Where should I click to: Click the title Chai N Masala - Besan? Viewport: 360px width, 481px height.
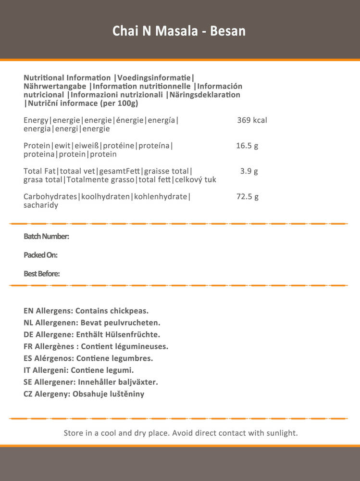179,31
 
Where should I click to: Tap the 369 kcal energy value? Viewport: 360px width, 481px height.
252,120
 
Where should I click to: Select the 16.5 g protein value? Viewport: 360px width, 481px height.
247,146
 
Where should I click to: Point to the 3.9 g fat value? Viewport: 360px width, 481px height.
249,171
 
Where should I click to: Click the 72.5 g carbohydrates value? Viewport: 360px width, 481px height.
247,197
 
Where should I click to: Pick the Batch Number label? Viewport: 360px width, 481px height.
47,236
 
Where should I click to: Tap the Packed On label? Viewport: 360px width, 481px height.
41,255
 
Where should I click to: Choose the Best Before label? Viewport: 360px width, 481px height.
42,274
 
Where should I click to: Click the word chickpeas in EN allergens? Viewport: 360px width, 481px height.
129,311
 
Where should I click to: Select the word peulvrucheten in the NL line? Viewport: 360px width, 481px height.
135,323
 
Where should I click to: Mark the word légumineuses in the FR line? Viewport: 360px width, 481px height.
142,346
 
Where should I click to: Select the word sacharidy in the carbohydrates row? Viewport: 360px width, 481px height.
41,205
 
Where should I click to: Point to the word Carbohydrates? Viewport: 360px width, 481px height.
50,197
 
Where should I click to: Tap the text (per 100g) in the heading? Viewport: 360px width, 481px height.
120,103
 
